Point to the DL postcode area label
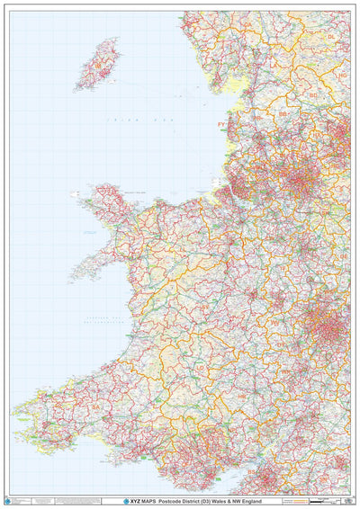(331, 37)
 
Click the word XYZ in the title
(137, 500)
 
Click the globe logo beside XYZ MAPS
(126, 500)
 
